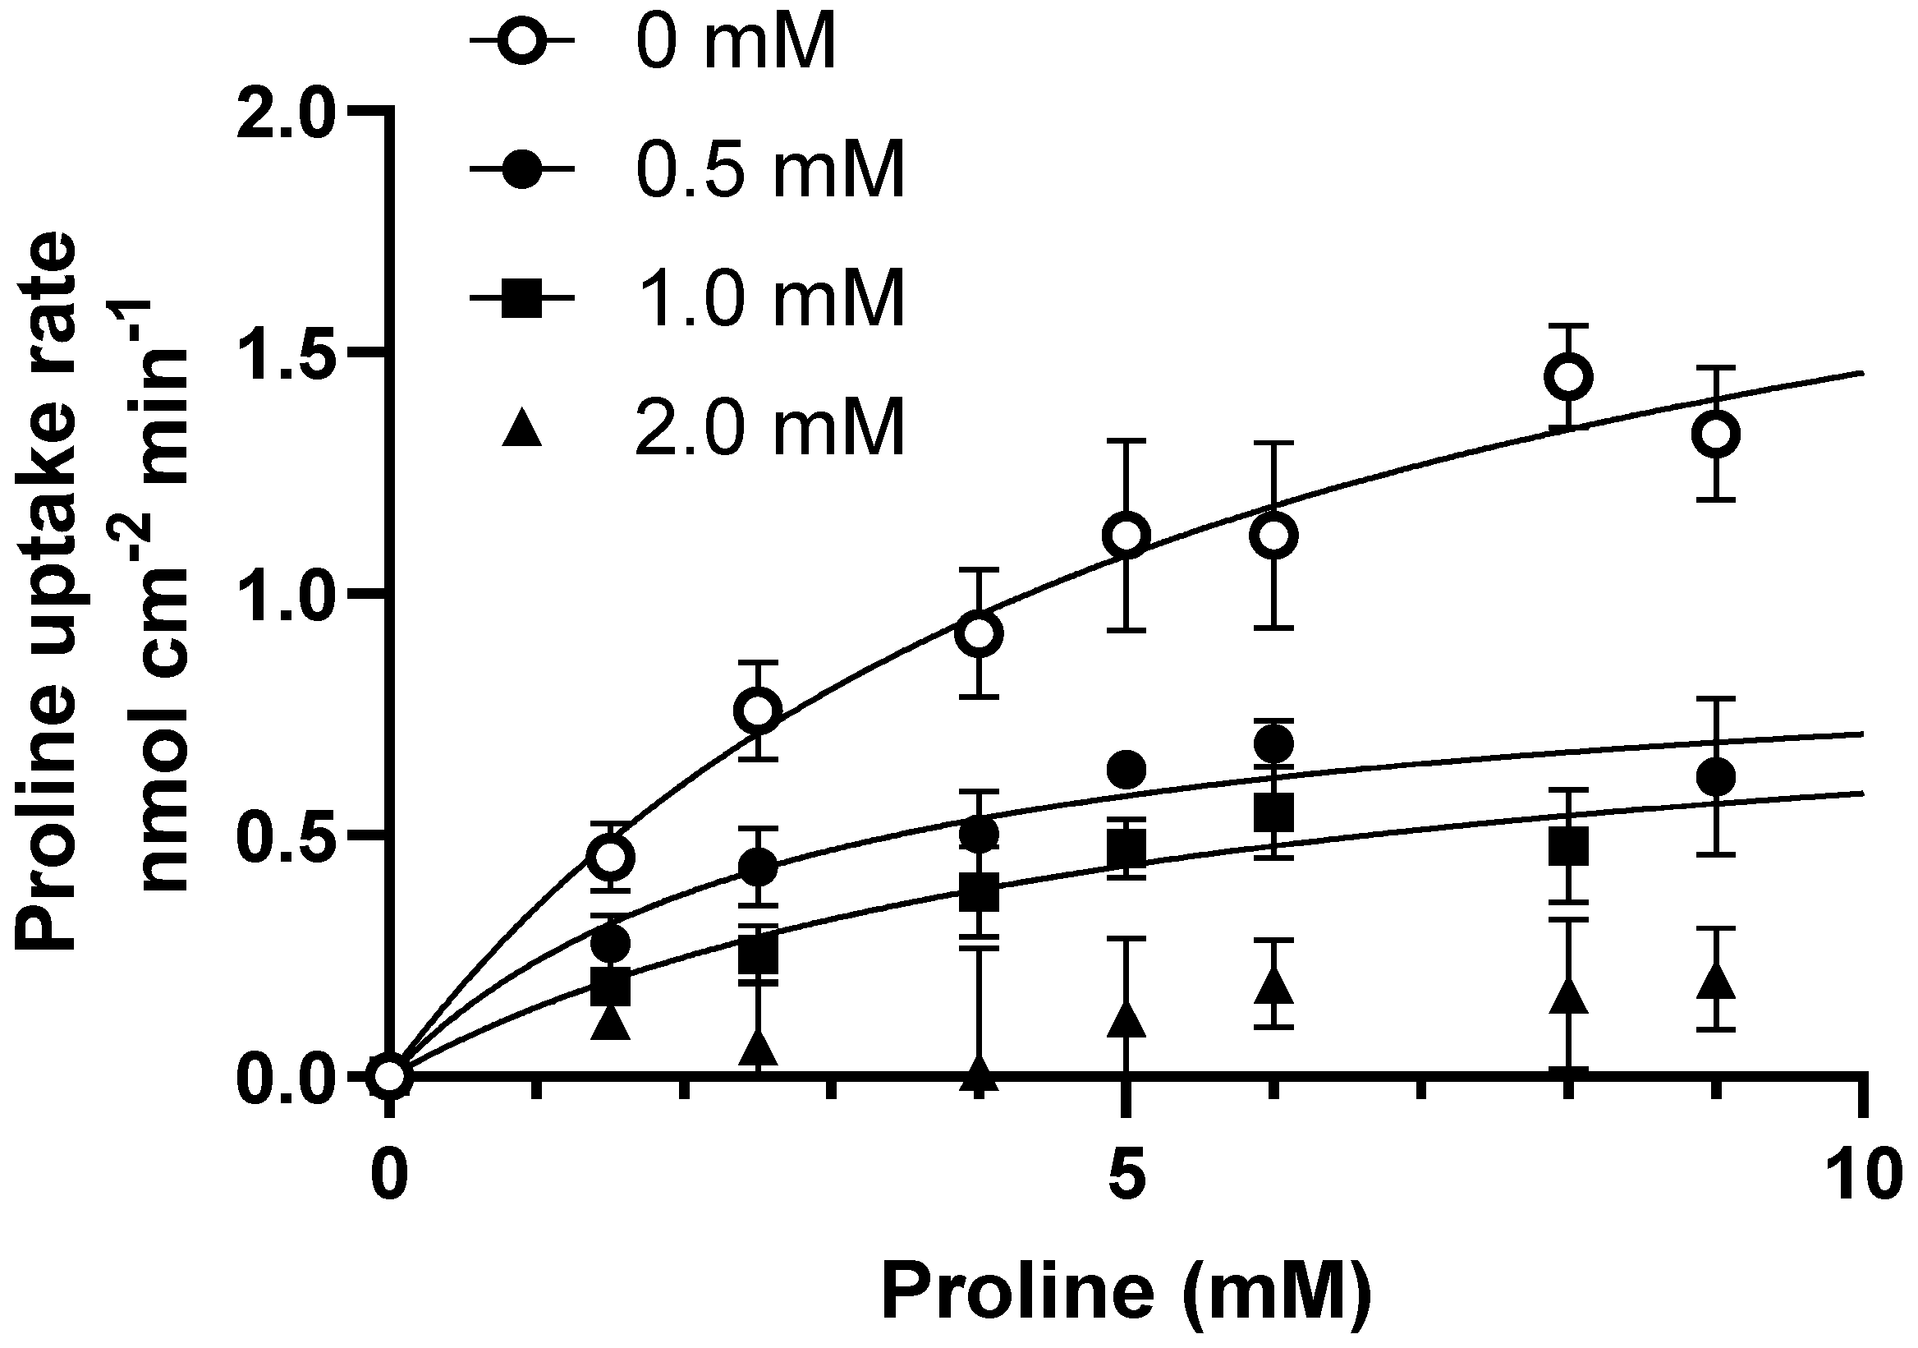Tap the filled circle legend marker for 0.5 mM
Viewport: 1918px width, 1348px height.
[522, 170]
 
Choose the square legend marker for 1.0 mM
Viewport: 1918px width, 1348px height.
[522, 298]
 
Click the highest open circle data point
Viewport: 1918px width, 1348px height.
[1568, 377]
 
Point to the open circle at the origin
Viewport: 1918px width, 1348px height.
[389, 1076]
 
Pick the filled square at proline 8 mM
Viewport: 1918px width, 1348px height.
[1568, 847]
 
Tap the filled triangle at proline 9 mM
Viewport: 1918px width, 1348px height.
[1716, 981]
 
